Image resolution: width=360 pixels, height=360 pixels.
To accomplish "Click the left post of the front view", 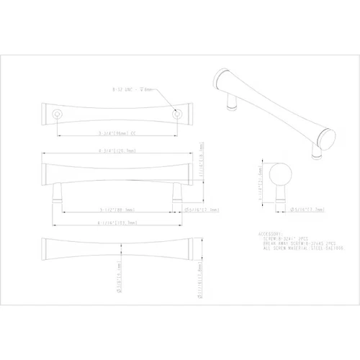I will [x=57, y=192].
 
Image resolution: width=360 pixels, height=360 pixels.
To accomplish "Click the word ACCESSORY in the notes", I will [x=272, y=234].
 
